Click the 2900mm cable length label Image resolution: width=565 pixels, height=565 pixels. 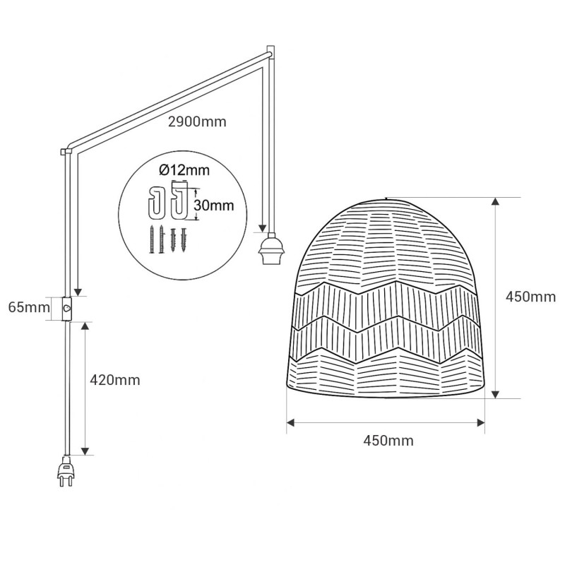pos(197,121)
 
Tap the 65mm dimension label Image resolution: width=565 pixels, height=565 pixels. pos(29,307)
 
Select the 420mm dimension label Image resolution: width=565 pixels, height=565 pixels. pos(114,380)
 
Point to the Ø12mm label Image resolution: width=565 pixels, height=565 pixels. pos(184,169)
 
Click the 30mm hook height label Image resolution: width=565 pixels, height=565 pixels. pos(214,205)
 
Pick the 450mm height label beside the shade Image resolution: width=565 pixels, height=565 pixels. pos(530,297)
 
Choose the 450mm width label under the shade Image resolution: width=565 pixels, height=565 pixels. pos(388,440)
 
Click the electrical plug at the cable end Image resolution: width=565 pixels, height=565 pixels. pos(65,471)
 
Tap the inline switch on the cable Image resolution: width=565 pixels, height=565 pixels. pos(66,309)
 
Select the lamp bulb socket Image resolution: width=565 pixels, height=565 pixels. pos(270,249)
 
